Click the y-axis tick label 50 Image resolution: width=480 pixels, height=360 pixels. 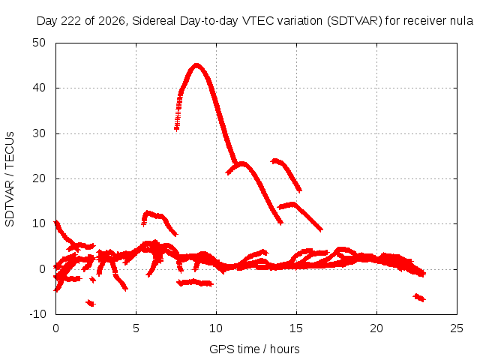click(x=39, y=43)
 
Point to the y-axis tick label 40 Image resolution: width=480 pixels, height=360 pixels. click(x=39, y=88)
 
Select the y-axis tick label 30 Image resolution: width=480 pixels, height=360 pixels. click(x=39, y=133)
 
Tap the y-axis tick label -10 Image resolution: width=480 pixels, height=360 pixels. click(x=37, y=314)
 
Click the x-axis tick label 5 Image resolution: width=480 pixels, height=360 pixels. click(x=136, y=328)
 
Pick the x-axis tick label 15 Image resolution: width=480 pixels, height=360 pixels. click(x=296, y=328)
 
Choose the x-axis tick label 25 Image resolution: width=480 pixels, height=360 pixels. click(x=457, y=328)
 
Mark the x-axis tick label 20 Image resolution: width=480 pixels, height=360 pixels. click(x=376, y=328)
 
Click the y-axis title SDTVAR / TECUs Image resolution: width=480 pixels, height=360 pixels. click(x=10, y=179)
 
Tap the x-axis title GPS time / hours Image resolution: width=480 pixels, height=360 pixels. click(x=254, y=349)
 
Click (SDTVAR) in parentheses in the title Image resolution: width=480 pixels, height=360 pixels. click(x=355, y=21)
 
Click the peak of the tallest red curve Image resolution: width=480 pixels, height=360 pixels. click(x=196, y=64)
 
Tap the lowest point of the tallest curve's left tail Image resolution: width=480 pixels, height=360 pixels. click(x=176, y=130)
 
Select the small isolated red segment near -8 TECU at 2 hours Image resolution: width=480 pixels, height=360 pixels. click(x=91, y=303)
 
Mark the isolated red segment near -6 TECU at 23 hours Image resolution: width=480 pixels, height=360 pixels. click(x=419, y=298)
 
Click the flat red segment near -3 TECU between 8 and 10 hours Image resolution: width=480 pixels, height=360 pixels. click(x=195, y=283)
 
